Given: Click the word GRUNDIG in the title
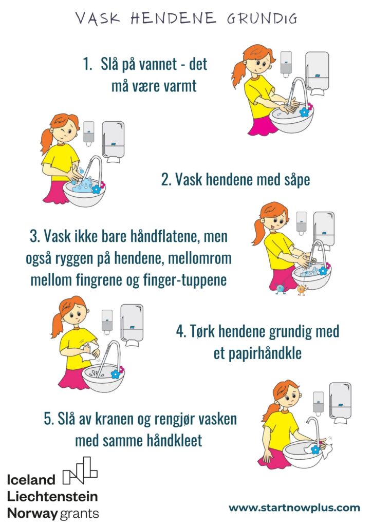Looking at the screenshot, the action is pyautogui.click(x=262, y=18).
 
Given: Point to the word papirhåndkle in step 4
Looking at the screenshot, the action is pyautogui.click(x=265, y=353).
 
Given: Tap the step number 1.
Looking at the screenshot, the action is pyautogui.click(x=87, y=64).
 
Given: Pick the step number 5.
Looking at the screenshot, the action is pyautogui.click(x=48, y=419).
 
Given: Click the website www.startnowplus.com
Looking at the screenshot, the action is pyautogui.click(x=294, y=508).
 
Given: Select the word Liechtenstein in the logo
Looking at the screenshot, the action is pyautogui.click(x=52, y=497).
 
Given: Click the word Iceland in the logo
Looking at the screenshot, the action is pyautogui.click(x=31, y=480).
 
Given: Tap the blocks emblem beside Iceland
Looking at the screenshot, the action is pyautogui.click(x=80, y=471).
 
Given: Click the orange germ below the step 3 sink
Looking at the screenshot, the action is pyautogui.click(x=302, y=290).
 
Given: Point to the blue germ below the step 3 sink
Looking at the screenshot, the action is pyautogui.click(x=281, y=289).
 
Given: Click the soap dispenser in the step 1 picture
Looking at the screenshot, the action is pyautogui.click(x=286, y=64).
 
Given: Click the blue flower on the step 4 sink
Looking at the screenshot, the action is pyautogui.click(x=116, y=373).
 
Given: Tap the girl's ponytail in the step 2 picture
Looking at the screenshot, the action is pyautogui.click(x=46, y=140).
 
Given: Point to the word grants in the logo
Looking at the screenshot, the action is pyautogui.click(x=79, y=514).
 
